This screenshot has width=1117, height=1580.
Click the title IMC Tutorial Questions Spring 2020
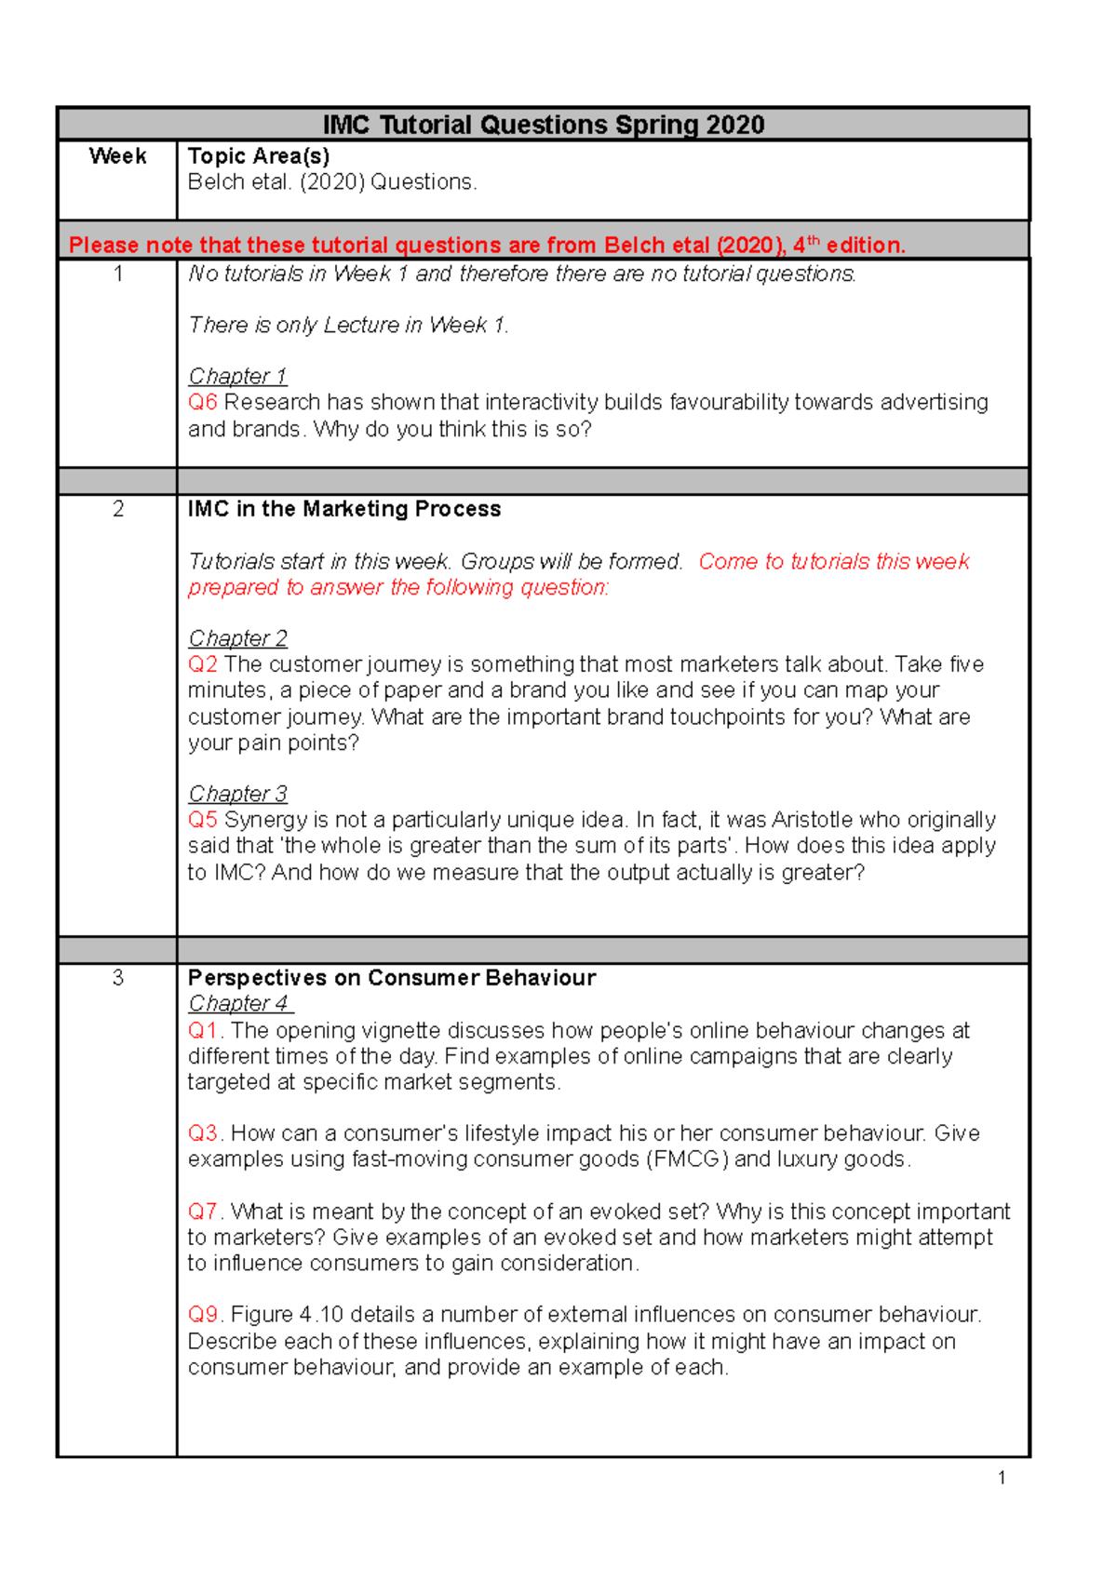[544, 125]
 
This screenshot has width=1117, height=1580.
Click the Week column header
[117, 156]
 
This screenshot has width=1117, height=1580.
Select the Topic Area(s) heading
[259, 156]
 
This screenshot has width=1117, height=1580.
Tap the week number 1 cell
[117, 274]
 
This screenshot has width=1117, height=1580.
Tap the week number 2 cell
[117, 509]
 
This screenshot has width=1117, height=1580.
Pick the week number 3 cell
[117, 978]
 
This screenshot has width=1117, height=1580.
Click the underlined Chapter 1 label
[237, 376]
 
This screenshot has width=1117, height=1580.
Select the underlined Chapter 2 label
[237, 638]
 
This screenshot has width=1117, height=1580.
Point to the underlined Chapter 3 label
[237, 794]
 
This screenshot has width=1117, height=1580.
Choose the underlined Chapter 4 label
[239, 1004]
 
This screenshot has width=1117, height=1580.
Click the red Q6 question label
[202, 402]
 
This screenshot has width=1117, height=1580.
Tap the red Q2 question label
[202, 664]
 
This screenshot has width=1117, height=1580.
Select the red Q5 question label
[202, 820]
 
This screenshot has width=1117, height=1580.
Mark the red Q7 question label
[203, 1212]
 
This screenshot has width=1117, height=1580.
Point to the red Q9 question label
[203, 1315]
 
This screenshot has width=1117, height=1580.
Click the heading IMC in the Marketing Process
[344, 509]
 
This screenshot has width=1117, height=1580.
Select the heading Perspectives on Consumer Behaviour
[391, 978]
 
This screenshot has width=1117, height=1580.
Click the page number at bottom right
[1002, 1478]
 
